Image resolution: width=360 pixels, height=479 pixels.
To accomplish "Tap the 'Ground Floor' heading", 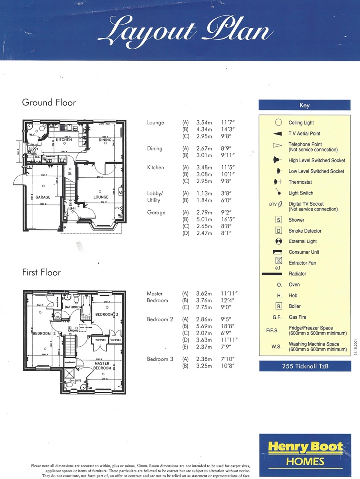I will click(x=49, y=102).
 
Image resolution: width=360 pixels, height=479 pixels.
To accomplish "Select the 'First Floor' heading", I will click(x=41, y=272).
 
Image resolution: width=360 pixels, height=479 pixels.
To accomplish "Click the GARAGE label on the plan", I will click(x=43, y=197).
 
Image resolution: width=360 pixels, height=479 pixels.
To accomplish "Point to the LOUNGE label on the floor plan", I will click(x=101, y=197).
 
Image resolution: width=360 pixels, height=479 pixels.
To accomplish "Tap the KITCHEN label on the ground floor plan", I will click(x=64, y=140).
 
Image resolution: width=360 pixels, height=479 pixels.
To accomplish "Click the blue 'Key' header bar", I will click(x=304, y=105).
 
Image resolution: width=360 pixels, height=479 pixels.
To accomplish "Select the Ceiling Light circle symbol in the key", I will click(x=278, y=122).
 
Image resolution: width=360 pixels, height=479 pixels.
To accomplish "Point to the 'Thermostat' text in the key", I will click(x=300, y=182).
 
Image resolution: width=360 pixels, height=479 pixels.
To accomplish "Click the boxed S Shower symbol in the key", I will click(x=278, y=220).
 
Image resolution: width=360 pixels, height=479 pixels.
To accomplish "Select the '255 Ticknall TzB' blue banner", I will click(x=304, y=367).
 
